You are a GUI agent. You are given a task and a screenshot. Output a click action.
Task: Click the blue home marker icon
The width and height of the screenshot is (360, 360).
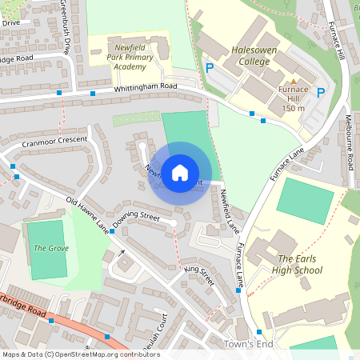coord(180,172)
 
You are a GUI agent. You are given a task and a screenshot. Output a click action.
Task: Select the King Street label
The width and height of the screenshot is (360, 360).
coord(199,276)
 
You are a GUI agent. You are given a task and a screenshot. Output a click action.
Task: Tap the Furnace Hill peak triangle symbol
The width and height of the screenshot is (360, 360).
coord(294,82)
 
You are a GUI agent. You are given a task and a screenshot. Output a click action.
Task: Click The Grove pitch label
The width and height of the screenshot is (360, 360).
coord(50,248)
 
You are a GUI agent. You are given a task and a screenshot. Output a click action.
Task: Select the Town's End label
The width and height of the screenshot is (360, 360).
coord(249,344)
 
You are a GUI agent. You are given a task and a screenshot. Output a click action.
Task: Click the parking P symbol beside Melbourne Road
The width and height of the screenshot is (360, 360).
coord(321,93)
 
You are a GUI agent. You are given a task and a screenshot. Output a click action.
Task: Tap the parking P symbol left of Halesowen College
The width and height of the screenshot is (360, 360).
coord(210,69)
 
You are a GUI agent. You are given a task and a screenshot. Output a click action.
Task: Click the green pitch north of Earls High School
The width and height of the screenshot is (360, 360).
coord(304,201)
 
